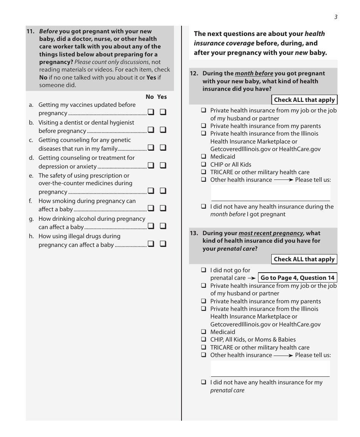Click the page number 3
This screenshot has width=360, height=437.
pyautogui.click(x=336, y=17)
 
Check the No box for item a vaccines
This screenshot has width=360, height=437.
pyautogui.click(x=151, y=112)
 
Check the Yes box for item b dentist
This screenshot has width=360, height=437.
pyautogui.click(x=163, y=130)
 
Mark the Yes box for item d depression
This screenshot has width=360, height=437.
pyautogui.click(x=163, y=165)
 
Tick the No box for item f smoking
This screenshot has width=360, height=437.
pyautogui.click(x=151, y=208)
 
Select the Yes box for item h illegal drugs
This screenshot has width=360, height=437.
pyautogui.click(x=163, y=244)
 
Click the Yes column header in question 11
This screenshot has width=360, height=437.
pyautogui.click(x=162, y=97)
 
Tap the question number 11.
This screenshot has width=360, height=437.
pyautogui.click(x=30, y=31)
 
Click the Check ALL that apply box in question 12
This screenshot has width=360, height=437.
pyautogui.click(x=304, y=100)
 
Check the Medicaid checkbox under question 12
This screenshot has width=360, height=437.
pyautogui.click(x=203, y=157)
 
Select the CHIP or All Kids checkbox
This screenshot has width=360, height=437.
pyautogui.click(x=203, y=165)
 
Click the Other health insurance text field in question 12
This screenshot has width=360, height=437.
pyautogui.click(x=270, y=193)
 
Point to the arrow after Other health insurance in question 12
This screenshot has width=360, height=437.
pyautogui.click(x=283, y=180)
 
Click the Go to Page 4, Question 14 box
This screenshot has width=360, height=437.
pyautogui.click(x=297, y=278)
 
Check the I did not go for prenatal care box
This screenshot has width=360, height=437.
pyautogui.click(x=203, y=270)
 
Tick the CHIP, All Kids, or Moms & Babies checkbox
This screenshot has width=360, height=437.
pyautogui.click(x=203, y=340)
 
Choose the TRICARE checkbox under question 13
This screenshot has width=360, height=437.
pyautogui.click(x=203, y=348)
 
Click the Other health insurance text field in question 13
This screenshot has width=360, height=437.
pyautogui.click(x=270, y=368)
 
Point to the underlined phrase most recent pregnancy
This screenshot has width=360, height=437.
pyautogui.click(x=271, y=233)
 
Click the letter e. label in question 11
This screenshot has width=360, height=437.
pyautogui.click(x=31, y=176)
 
